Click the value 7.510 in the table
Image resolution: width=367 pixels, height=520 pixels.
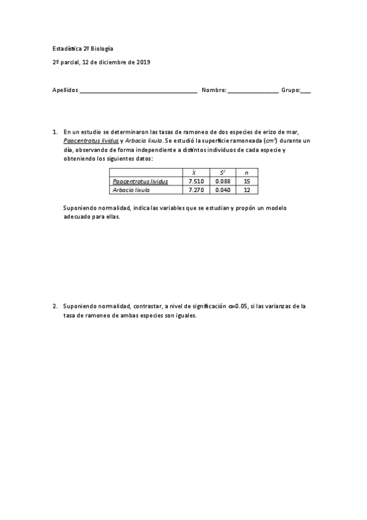[x=195, y=182]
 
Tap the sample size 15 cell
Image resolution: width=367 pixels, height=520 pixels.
[x=247, y=182]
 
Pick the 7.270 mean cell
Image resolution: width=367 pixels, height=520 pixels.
[x=195, y=190]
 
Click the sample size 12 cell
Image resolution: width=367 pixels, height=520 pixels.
[x=247, y=190]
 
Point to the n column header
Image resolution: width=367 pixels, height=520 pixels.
[x=247, y=173]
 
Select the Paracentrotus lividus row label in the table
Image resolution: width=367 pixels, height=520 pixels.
[x=140, y=182]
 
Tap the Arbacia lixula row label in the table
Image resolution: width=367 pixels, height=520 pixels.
[x=132, y=190]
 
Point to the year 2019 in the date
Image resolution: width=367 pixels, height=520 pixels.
[x=144, y=62]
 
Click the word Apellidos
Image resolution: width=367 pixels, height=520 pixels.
[x=66, y=90]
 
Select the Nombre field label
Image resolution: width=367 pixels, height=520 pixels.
[x=214, y=90]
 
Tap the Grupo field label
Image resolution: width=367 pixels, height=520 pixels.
[x=290, y=90]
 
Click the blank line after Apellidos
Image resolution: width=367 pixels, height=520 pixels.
[x=138, y=91]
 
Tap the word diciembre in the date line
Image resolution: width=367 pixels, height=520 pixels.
[x=116, y=62]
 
